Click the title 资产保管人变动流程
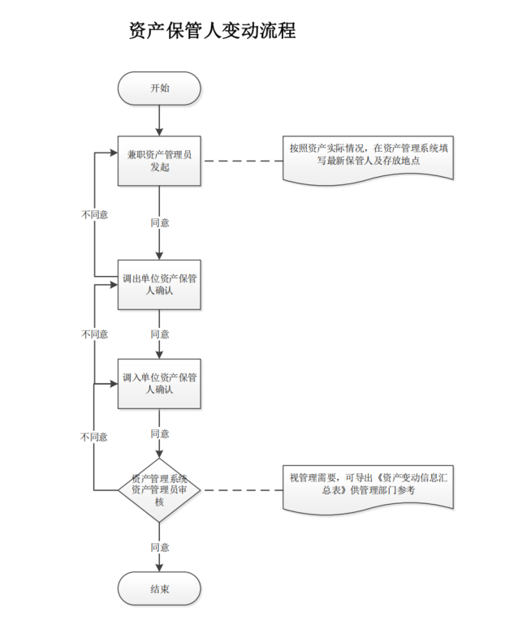212,32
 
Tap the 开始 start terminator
159,88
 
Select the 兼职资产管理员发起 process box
159,161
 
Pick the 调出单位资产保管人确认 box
159,284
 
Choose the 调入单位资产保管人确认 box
159,383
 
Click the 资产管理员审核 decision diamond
159,489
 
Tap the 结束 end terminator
159,589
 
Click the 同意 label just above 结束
160,547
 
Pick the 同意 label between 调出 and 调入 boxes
160,334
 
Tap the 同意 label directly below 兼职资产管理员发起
160,222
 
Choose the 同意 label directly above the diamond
160,434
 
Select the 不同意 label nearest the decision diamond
94,437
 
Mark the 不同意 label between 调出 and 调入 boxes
94,334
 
